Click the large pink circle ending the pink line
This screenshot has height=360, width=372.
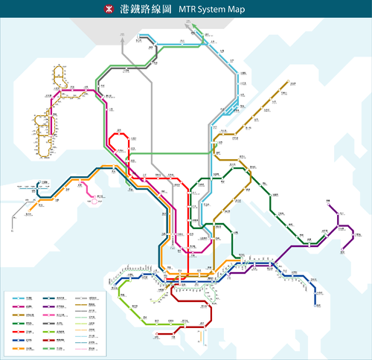94,200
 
